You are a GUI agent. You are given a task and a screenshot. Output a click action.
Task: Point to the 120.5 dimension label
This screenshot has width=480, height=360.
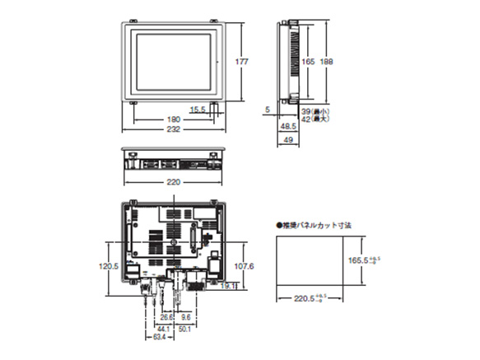[110, 266]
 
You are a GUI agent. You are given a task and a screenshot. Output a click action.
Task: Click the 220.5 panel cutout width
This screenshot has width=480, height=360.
[305, 298]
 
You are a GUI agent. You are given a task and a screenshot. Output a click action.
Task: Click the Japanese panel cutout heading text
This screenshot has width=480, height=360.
[316, 223]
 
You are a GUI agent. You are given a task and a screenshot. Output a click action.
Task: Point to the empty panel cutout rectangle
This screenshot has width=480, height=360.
[306, 259]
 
